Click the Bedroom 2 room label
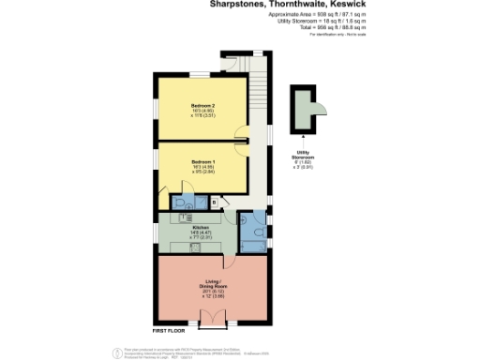[x=203, y=105]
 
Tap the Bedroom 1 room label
[x=203, y=160]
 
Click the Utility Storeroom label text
[x=303, y=153]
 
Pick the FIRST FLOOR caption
[x=170, y=331]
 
